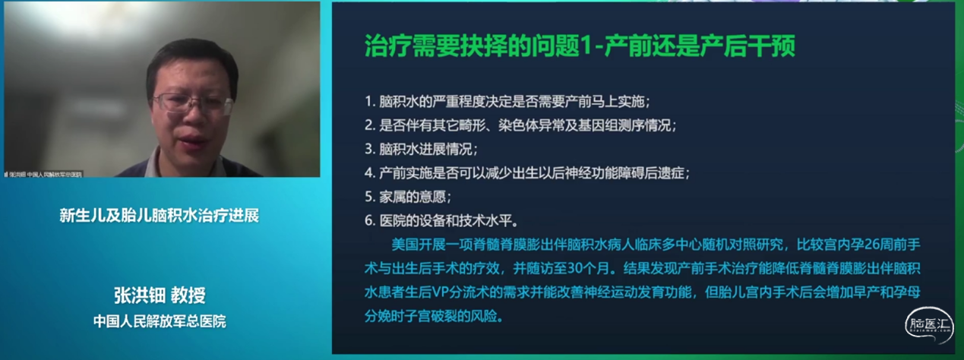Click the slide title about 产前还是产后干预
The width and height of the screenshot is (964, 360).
pos(580,48)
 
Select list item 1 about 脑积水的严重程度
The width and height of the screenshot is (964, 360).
pos(507,102)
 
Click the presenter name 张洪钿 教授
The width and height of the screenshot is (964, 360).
pos(160,295)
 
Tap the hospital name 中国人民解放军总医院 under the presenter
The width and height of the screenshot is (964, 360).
pos(160,321)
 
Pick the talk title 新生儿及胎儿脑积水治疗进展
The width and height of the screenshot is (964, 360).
pos(160,216)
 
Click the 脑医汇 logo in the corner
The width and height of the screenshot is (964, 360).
pos(928,325)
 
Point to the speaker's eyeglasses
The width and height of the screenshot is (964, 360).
pos(192,103)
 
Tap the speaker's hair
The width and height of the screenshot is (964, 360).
pos(190,57)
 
